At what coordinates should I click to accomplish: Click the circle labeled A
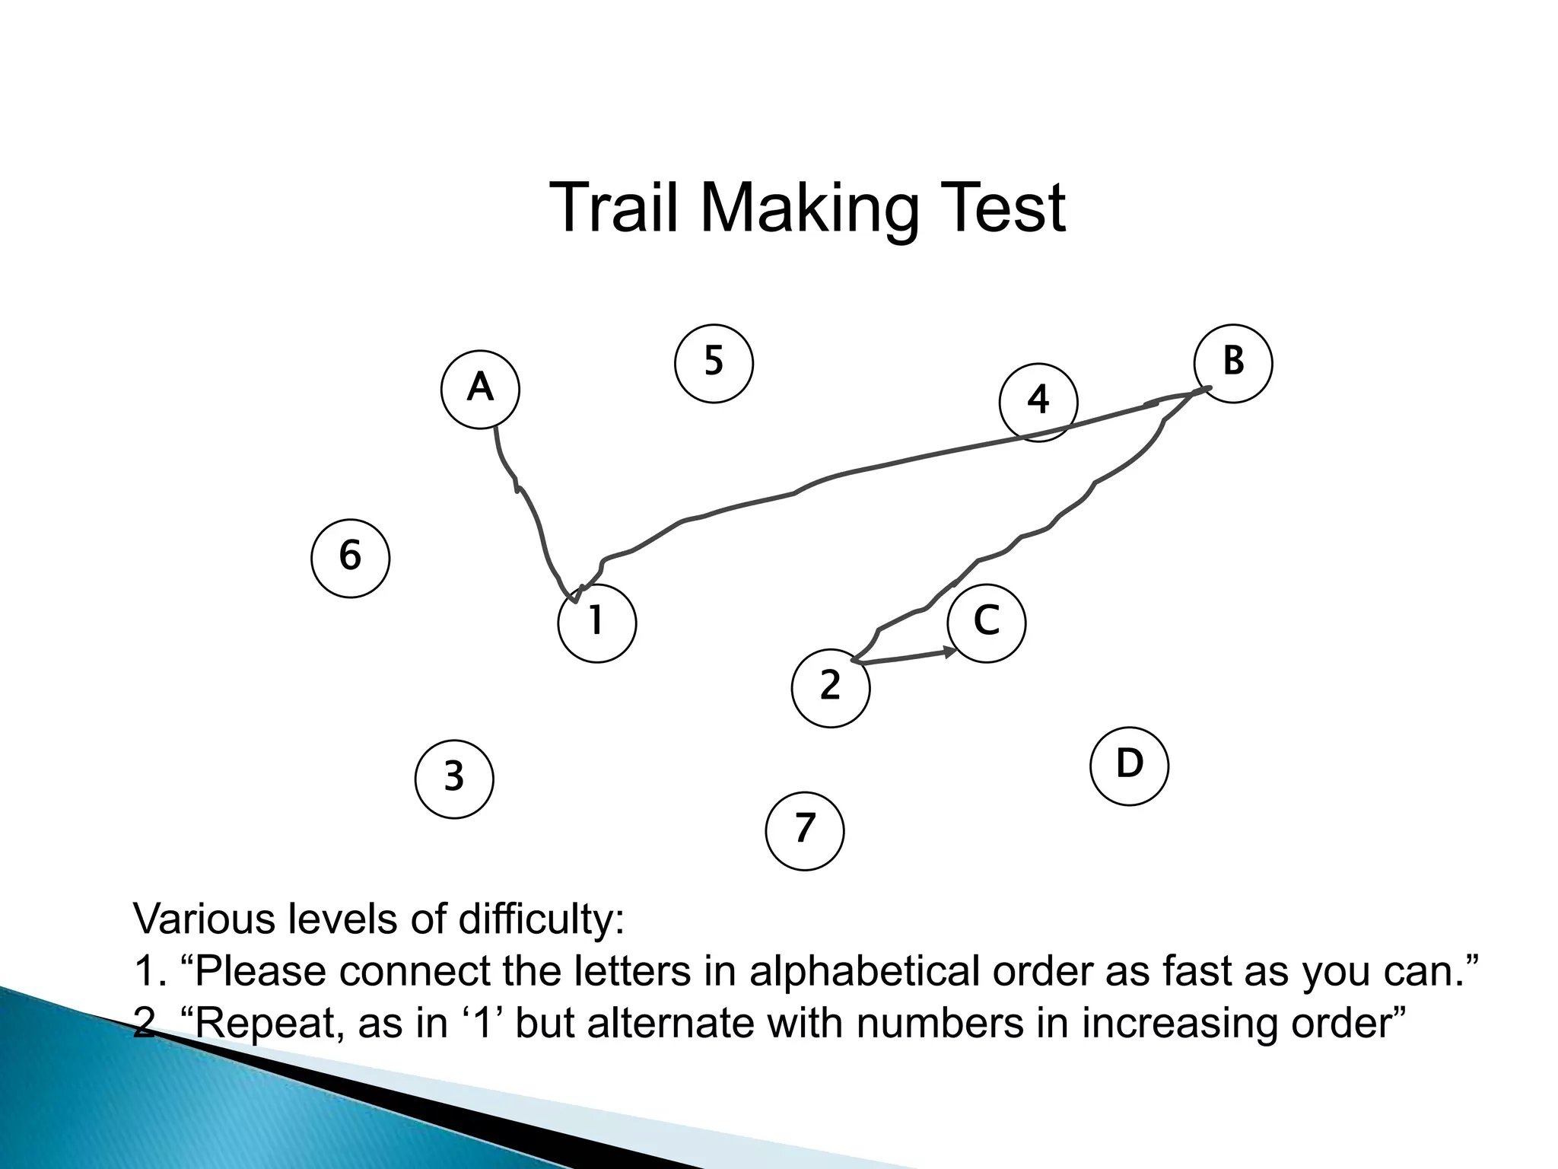480,389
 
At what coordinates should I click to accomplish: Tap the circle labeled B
1233,363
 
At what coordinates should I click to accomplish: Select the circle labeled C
987,623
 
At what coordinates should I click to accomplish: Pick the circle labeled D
1129,766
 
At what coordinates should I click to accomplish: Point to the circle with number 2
831,688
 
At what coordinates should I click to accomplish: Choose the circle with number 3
454,779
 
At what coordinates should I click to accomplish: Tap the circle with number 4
1038,402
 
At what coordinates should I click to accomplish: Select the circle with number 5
714,363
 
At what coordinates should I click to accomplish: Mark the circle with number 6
351,558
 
